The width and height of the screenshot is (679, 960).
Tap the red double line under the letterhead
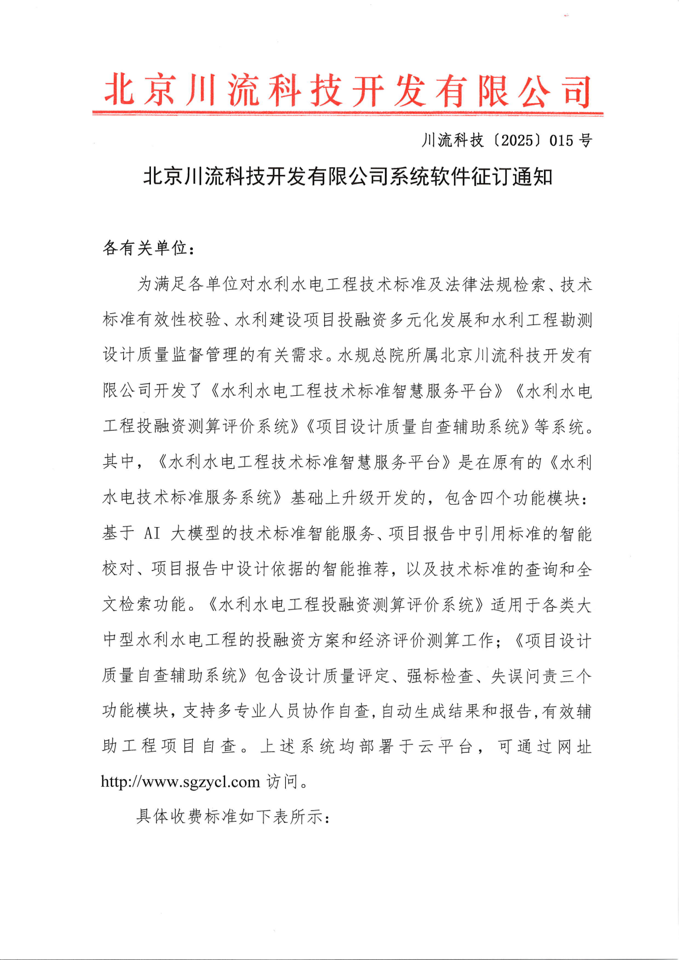pyautogui.click(x=348, y=112)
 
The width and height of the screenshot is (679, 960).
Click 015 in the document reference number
pyautogui.click(x=561, y=141)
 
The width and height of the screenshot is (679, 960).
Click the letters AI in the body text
pyautogui.click(x=152, y=534)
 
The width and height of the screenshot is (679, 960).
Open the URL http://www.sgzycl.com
pyautogui.click(x=180, y=782)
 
